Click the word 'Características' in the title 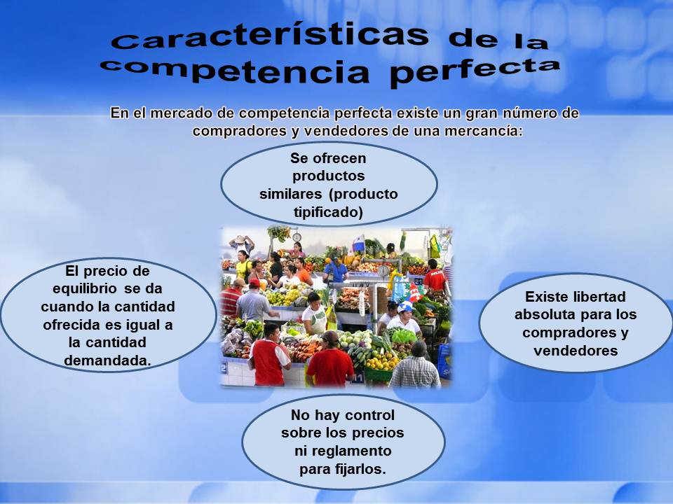coord(270,36)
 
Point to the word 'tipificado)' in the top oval coord(329,211)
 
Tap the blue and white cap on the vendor coord(405,306)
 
